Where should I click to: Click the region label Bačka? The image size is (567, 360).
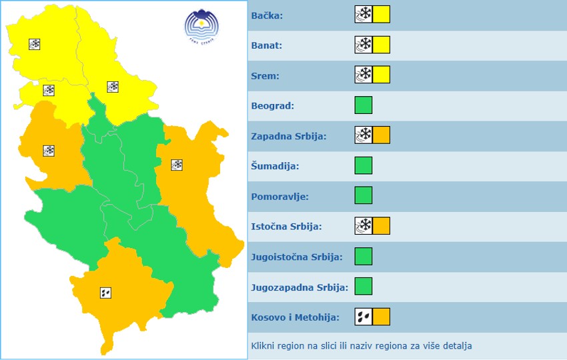pyautogui.click(x=267, y=15)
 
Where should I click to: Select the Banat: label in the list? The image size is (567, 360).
pyautogui.click(x=267, y=45)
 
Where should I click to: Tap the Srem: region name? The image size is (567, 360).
pyautogui.click(x=265, y=75)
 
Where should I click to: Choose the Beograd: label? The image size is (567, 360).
pyautogui.click(x=273, y=105)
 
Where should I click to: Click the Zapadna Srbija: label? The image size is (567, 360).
pyautogui.click(x=289, y=135)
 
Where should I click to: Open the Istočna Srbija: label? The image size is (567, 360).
pyautogui.click(x=286, y=226)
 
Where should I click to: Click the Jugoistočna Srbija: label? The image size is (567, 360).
pyautogui.click(x=297, y=257)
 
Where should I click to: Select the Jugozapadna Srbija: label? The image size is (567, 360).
pyautogui.click(x=300, y=287)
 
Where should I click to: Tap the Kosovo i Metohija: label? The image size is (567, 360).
pyautogui.click(x=295, y=317)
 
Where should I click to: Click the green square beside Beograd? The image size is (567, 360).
pyautogui.click(x=364, y=105)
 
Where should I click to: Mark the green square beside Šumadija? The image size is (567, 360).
pyautogui.click(x=364, y=165)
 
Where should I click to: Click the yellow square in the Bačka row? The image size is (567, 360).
pyautogui.click(x=381, y=15)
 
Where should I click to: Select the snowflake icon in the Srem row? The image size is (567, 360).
pyautogui.click(x=364, y=75)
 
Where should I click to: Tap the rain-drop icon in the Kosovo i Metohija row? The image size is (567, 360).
pyautogui.click(x=364, y=317)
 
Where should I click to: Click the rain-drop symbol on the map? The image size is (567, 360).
pyautogui.click(x=105, y=292)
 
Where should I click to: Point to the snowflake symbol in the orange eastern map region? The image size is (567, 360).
pyautogui.click(x=177, y=165)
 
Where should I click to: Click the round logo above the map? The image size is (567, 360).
pyautogui.click(x=201, y=26)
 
